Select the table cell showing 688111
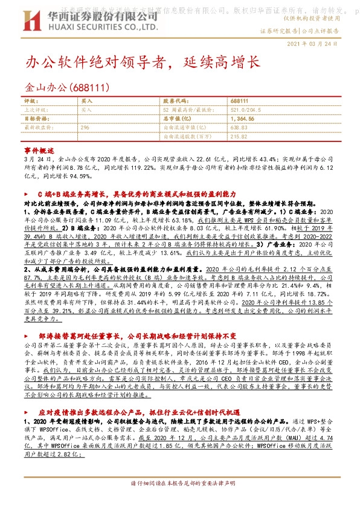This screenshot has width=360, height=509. coord(240,102)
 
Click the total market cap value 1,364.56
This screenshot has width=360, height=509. coord(242,119)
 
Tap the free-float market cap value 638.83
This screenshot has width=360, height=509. coord(239,128)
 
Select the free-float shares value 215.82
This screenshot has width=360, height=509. coord(239,137)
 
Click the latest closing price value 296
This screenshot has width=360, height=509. coord(85,128)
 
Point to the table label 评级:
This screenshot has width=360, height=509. coord(31,102)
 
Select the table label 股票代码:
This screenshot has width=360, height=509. coord(176,102)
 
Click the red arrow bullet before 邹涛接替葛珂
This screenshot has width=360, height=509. coord(30,335)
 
